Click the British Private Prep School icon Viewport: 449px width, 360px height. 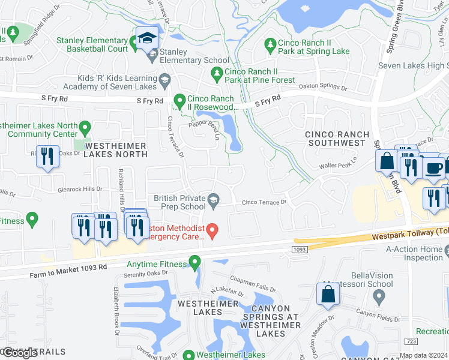[x=213, y=199]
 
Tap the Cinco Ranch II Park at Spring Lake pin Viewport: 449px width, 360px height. [x=270, y=44]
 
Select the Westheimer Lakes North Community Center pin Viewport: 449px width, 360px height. [x=85, y=127]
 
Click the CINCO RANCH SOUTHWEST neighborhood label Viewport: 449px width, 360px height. [x=336, y=139]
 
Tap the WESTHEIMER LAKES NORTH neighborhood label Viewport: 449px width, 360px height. [x=116, y=150]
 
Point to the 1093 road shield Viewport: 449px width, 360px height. [x=300, y=248]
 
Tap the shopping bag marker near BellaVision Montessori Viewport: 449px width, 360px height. [x=328, y=294]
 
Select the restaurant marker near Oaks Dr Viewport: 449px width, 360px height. [x=47, y=157]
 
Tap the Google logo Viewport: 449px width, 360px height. [x=20, y=353]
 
